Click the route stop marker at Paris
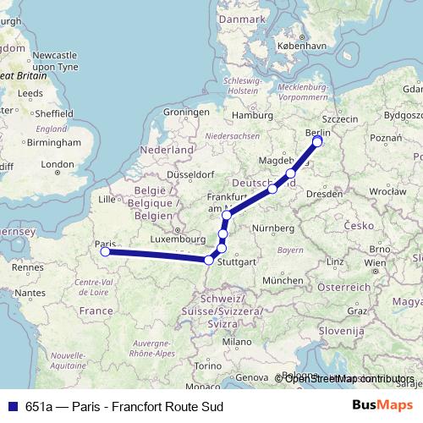105,251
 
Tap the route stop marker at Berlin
317,141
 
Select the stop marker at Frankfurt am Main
227,216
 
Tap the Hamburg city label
250,115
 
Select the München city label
282,280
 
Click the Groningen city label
185,112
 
